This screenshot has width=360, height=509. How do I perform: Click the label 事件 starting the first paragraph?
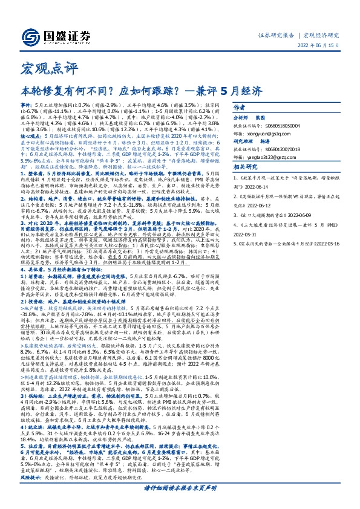(27, 105)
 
